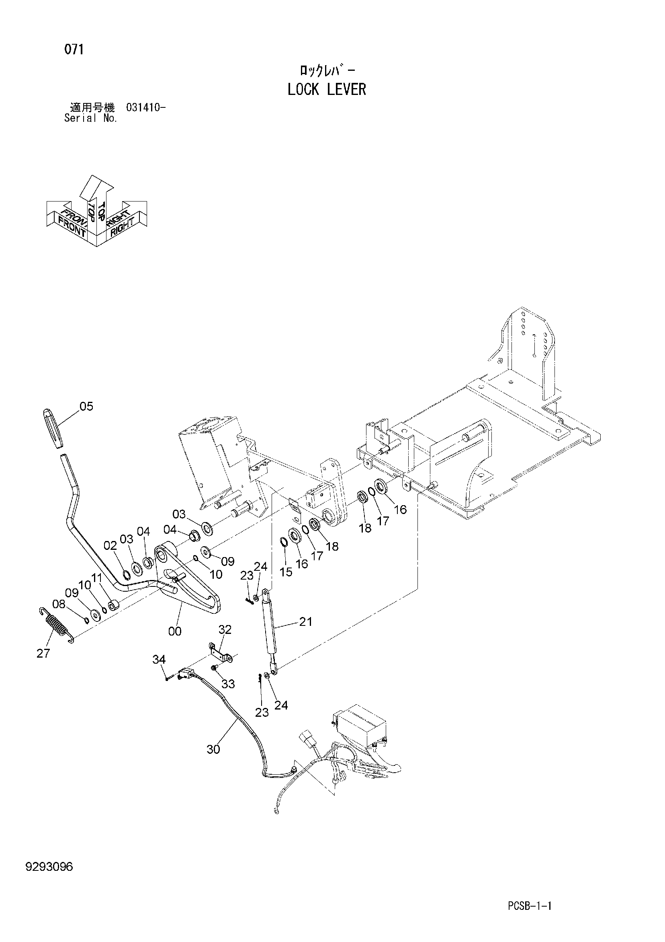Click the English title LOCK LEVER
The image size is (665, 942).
click(x=327, y=89)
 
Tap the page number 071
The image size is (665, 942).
click(x=74, y=49)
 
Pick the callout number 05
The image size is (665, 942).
click(x=86, y=406)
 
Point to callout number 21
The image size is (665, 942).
click(x=306, y=622)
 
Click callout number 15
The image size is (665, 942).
click(x=286, y=572)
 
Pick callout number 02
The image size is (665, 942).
click(x=110, y=546)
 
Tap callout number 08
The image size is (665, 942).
click(x=59, y=604)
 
